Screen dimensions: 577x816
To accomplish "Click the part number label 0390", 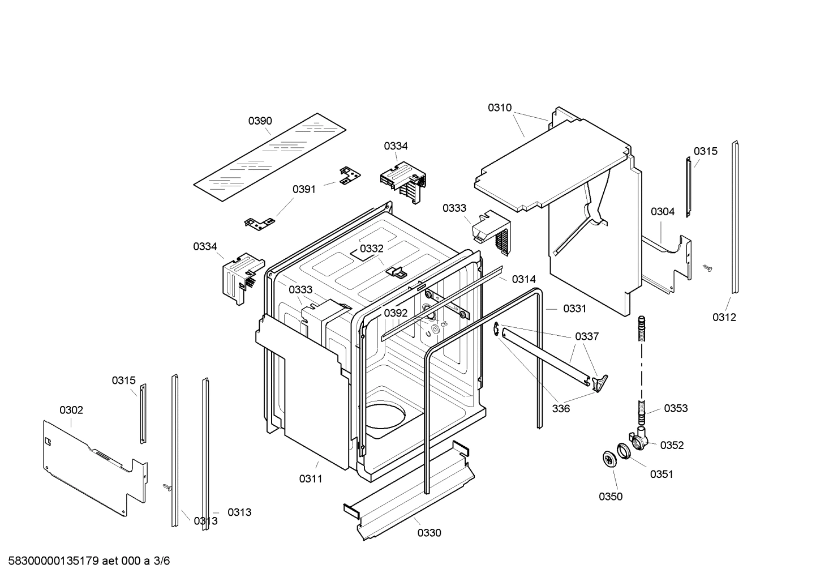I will coord(260,121).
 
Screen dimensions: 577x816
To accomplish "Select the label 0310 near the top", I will coord(500,108).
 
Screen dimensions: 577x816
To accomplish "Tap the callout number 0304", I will coord(662,212).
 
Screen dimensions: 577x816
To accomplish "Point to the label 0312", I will coord(724,317).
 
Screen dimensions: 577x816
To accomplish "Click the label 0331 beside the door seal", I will coord(574,309).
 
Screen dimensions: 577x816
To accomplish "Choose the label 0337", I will coord(587,336).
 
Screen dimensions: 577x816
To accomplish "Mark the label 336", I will coord(561,408).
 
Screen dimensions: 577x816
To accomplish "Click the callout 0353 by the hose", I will coord(676,408).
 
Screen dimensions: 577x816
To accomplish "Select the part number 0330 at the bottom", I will coord(430,533).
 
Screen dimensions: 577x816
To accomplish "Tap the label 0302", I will coord(71,410).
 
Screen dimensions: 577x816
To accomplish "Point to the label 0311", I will coord(311,479).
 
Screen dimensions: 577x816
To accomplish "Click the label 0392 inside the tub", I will coord(396,313).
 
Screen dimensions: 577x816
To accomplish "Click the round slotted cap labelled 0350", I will coord(609,459).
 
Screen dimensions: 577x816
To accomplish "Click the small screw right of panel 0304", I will coord(707,266).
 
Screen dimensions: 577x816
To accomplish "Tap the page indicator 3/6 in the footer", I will coord(162,562).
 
